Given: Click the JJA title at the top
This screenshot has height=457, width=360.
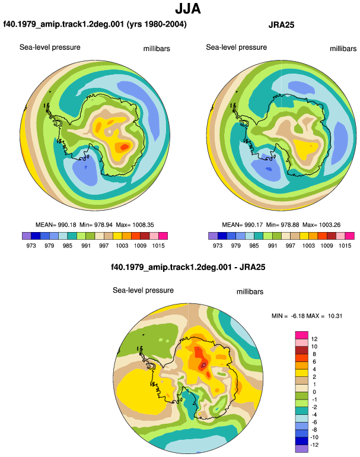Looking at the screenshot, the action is point(188,9).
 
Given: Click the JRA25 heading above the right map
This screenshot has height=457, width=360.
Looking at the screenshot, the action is point(281,25).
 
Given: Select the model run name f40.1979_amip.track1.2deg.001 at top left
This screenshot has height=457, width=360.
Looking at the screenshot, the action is point(63,24).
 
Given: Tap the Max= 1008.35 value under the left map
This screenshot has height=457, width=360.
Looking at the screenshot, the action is point(135,225).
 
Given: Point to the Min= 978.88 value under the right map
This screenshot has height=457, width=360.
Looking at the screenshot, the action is point(282,225).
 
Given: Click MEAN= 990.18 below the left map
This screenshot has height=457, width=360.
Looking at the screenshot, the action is point(56,225).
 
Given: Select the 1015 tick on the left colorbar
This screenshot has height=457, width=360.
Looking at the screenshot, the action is point(158,245).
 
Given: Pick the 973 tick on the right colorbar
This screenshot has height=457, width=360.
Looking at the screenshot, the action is point(218,245).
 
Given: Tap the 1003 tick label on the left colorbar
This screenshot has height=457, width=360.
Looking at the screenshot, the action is point(122,245).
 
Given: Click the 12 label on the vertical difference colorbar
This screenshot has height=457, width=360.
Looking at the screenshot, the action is point(314,339).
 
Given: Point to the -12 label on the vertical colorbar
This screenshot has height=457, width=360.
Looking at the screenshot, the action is point(314,445).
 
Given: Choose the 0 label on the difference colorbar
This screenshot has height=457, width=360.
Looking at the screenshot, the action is point(314,392).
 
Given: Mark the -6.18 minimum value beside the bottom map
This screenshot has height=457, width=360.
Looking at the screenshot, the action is point(297,316).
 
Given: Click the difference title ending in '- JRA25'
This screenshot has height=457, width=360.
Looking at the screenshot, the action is point(188,267).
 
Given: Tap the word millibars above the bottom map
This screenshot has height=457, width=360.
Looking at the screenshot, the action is point(250,292).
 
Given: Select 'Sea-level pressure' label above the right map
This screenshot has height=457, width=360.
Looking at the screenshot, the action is point(237,47).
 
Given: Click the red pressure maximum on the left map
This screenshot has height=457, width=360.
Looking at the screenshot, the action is point(125,147).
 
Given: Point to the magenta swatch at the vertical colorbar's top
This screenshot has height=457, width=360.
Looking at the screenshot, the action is point(301,335).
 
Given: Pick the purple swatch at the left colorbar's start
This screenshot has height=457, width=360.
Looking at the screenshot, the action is point(27,236).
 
